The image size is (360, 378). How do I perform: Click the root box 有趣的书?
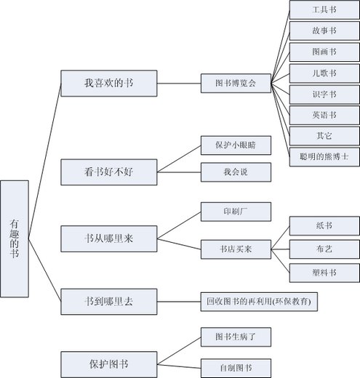[x=15, y=238]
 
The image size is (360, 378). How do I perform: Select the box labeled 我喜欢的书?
[x=109, y=84]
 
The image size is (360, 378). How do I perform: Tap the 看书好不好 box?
[x=109, y=172]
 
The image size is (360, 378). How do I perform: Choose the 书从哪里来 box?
[x=109, y=238]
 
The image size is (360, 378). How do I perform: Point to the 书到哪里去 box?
[x=109, y=302]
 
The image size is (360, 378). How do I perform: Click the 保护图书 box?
[x=109, y=364]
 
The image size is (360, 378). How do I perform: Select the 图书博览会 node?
[x=236, y=84]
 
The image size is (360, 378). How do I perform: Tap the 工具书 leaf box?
[x=324, y=9]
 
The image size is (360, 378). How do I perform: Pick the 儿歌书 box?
[x=324, y=73]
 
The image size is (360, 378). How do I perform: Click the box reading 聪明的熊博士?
[x=324, y=157]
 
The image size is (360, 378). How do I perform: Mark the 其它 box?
[x=324, y=136]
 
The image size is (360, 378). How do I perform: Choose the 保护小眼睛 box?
[x=236, y=145]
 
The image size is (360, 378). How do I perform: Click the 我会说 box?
[x=236, y=172]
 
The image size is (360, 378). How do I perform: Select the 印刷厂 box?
[x=236, y=212]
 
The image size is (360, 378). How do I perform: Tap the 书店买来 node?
[x=236, y=249]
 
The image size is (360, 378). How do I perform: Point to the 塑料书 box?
[x=324, y=273]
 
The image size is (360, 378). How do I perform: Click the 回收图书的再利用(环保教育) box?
[x=259, y=302]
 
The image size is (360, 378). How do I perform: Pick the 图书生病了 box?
[x=236, y=337]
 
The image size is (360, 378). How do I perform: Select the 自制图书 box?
[x=236, y=369]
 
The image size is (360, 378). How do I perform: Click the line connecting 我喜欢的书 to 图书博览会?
[x=179, y=84]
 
